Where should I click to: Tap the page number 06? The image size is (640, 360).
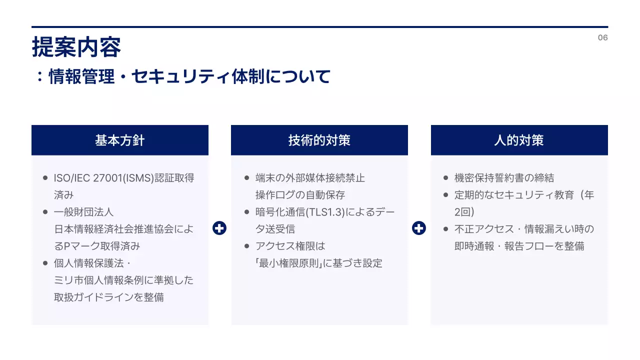point(602,38)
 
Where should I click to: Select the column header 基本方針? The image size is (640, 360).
point(120,140)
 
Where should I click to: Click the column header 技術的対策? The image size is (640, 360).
point(319,140)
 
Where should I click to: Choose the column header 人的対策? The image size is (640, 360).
point(519,140)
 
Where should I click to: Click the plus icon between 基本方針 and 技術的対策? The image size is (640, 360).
point(219,228)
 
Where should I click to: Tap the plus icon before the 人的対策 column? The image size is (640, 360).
point(419,228)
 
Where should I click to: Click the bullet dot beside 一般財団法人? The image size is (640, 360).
point(45,212)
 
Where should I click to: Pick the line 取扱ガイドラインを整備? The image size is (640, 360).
point(108,297)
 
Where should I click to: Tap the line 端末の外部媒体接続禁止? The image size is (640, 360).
point(310,178)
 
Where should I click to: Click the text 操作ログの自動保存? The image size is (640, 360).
point(300,195)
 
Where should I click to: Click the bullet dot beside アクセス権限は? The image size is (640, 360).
point(247,246)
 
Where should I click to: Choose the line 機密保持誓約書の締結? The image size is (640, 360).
point(504,178)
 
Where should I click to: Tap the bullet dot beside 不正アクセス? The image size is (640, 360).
point(445,229)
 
